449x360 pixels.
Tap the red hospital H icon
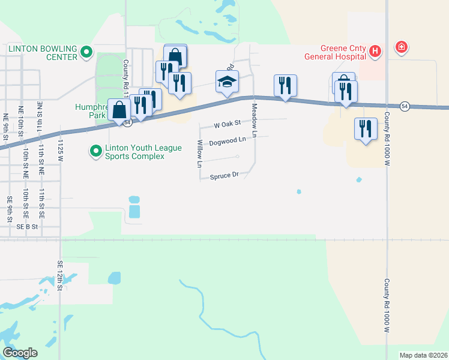point(375,52)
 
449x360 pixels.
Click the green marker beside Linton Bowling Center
point(86,53)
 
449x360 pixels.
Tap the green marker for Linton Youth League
point(95,151)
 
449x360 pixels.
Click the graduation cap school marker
point(228,82)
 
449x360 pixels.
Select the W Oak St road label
point(227,124)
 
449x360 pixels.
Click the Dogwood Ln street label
point(228,142)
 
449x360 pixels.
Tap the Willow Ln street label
point(200,153)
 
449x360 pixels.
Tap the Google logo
point(20,352)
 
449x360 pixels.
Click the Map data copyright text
point(423,355)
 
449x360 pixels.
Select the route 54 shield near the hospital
point(405,105)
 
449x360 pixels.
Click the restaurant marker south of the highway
point(364,128)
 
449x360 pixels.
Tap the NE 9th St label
point(6,128)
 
